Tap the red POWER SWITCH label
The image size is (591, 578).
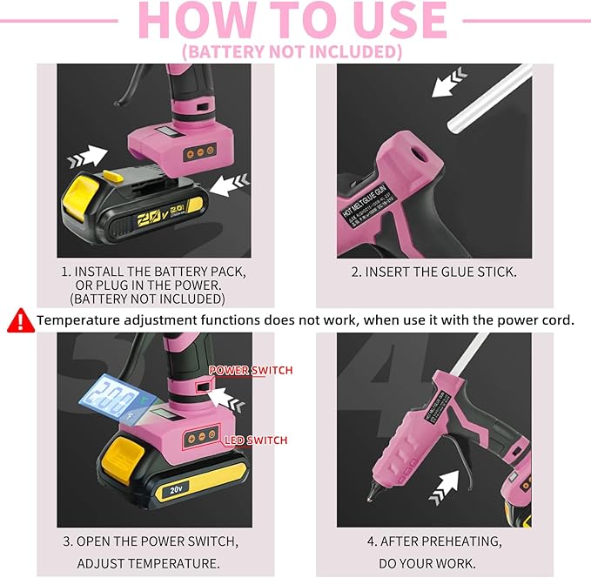pyautogui.click(x=251, y=370)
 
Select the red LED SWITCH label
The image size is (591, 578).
pyautogui.click(x=255, y=440)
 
